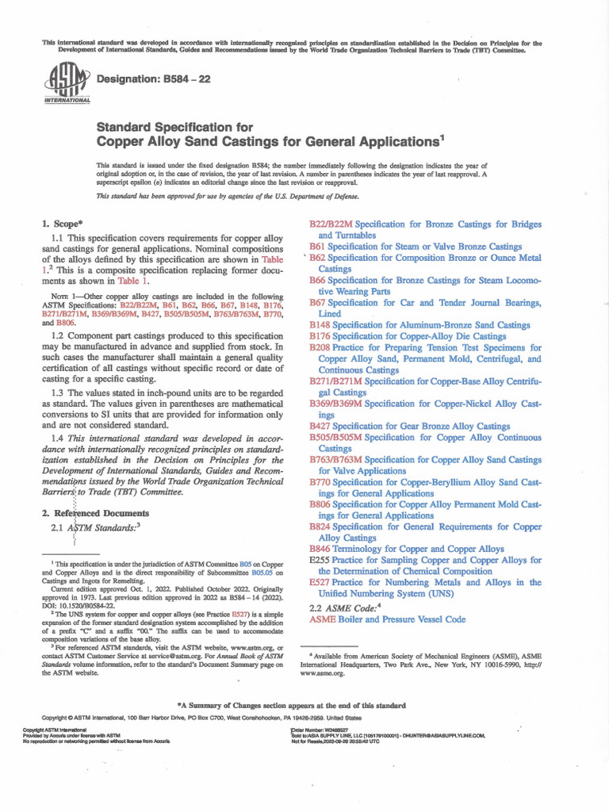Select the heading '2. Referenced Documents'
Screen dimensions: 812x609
(94, 513)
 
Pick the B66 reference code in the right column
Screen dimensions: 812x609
(317, 281)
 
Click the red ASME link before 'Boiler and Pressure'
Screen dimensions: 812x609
(322, 619)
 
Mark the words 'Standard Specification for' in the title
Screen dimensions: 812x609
(174, 126)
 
